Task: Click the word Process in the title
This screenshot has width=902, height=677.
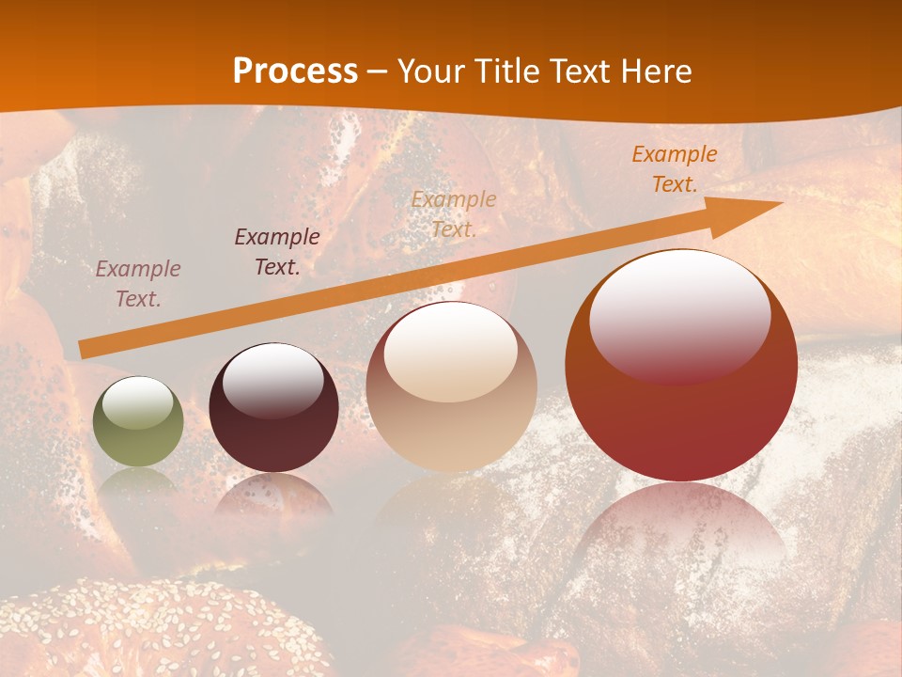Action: (x=295, y=71)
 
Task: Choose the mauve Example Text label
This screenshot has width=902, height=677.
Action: (x=138, y=284)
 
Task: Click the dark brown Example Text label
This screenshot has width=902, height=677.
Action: (x=277, y=252)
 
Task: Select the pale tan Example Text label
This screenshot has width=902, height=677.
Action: (x=454, y=213)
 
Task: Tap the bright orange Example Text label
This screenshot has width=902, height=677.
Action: (x=675, y=169)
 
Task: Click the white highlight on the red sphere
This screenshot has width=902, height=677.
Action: (x=680, y=315)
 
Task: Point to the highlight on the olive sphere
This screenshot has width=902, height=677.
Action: (x=137, y=403)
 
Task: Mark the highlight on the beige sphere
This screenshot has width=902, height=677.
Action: (x=451, y=353)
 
